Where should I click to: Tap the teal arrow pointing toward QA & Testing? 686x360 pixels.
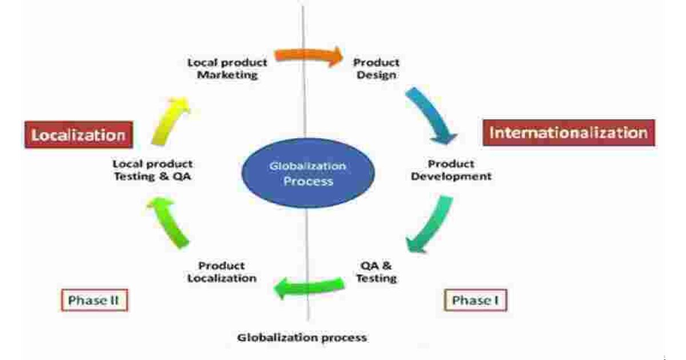[430, 223]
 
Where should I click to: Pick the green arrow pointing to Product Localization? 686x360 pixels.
[309, 285]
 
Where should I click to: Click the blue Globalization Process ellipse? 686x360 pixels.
[309, 174]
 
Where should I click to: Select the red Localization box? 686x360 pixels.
[78, 135]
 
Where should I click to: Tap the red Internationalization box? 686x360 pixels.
[569, 133]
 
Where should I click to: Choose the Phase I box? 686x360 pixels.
[476, 301]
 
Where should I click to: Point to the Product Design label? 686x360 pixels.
[376, 69]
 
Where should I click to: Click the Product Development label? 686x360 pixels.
[451, 170]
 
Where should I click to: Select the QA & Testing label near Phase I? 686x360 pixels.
[376, 272]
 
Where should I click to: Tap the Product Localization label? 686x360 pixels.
[221, 272]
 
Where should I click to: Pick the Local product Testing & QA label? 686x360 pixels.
[152, 170]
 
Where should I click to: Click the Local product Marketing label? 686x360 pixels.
[227, 69]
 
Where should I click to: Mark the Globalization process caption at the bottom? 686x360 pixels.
[302, 337]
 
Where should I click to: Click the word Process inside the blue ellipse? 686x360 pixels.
[309, 182]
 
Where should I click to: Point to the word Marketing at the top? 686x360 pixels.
[227, 75]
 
